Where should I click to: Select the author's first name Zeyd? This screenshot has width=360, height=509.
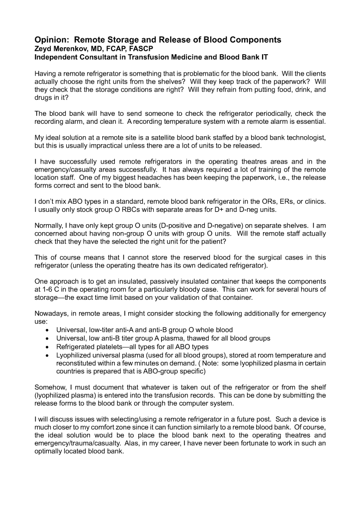[43, 49]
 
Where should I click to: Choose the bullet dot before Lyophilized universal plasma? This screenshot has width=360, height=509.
[47, 355]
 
